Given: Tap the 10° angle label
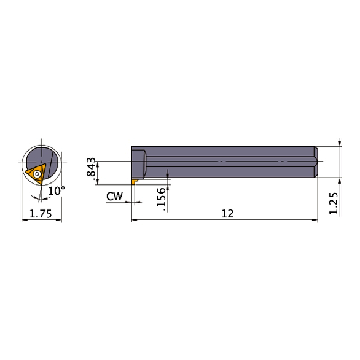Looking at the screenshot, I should click(56, 191).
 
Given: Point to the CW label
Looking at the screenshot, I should click(114, 196).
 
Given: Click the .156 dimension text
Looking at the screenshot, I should click(162, 200).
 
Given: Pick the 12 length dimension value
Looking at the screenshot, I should click(228, 213).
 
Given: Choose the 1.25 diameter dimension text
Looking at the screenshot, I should click(333, 202).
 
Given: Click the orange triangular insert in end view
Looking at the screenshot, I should click(36, 174).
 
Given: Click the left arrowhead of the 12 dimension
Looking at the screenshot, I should click(135, 219).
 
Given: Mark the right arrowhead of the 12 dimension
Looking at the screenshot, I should click(315, 219).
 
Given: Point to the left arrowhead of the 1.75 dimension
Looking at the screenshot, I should click(25, 219).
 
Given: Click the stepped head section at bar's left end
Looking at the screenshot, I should click(139, 162).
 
